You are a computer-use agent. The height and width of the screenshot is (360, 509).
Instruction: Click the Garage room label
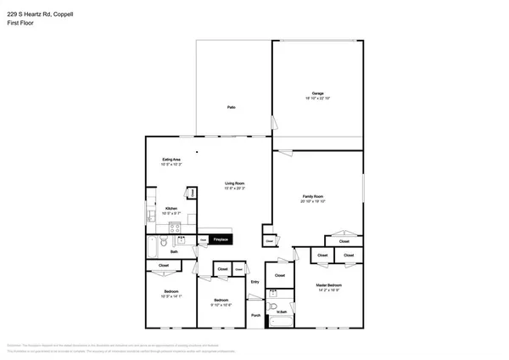pos(317,93)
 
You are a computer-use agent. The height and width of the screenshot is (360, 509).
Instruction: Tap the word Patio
pos(231,107)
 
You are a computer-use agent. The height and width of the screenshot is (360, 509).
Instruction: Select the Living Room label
pos(235,183)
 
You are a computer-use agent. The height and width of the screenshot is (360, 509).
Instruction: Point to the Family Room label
pos(314,197)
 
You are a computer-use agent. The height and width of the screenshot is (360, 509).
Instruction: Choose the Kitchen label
pos(171,207)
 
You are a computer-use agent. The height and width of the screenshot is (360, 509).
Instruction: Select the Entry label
pos(255,282)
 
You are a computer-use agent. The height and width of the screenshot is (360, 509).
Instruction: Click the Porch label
pos(256,316)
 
